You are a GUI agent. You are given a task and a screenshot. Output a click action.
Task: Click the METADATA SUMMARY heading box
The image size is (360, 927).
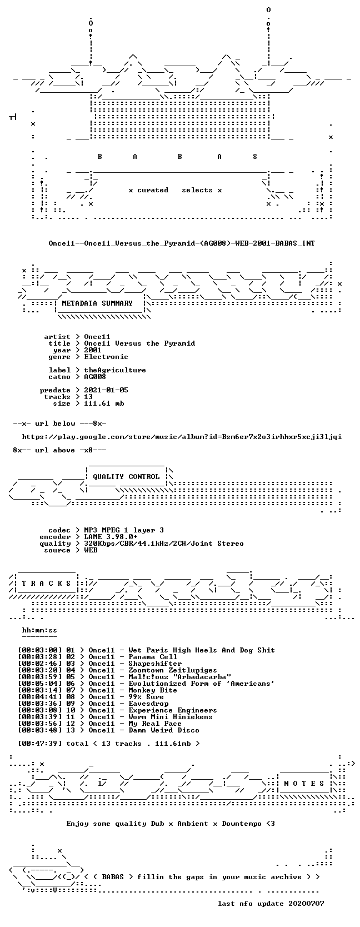tap(97, 303)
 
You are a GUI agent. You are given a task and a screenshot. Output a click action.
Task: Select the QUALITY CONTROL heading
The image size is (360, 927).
tap(126, 477)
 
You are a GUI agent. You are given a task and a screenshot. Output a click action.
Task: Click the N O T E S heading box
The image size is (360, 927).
tap(304, 784)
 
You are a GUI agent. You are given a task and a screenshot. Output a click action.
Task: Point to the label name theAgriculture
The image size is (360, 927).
tap(115, 370)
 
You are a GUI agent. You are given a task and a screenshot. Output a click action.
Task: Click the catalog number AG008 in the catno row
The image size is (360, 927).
tap(95, 377)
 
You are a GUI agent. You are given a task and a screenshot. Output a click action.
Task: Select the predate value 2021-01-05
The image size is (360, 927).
tap(106, 390)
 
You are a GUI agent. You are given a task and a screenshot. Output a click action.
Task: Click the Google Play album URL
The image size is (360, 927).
tap(182, 437)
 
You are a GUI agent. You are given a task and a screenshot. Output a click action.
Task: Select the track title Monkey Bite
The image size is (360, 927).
tap(153, 690)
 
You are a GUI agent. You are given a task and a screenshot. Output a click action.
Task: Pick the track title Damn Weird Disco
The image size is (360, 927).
tap(164, 730)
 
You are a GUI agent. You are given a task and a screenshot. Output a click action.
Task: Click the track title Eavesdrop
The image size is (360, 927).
tap(148, 704)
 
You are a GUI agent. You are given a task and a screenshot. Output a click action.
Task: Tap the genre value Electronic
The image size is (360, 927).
tap(106, 357)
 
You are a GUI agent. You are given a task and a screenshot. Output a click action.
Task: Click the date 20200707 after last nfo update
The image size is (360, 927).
tap(307, 904)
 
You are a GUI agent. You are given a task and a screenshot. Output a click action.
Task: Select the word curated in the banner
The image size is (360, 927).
tap(153, 191)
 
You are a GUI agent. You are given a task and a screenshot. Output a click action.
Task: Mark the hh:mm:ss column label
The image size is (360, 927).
tap(40, 630)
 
